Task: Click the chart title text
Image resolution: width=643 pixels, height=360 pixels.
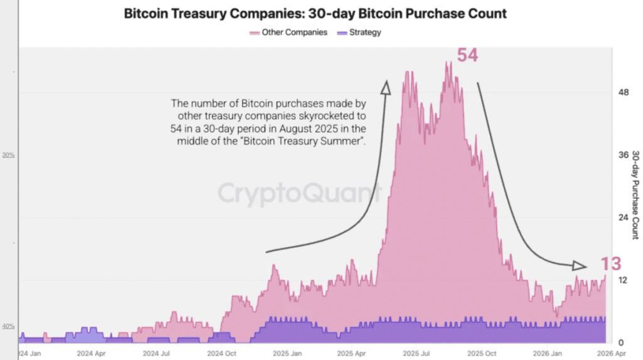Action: [x=316, y=13]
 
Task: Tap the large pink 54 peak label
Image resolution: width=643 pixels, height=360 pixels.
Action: [x=467, y=55]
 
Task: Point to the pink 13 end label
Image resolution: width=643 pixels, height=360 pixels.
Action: [x=610, y=265]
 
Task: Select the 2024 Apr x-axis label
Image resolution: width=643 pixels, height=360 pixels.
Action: [x=91, y=354]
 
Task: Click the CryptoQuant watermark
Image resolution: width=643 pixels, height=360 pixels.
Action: [x=300, y=193]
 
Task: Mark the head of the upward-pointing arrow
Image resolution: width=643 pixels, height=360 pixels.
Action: [x=386, y=86]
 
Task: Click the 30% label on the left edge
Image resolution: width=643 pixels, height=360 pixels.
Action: [x=9, y=155]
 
